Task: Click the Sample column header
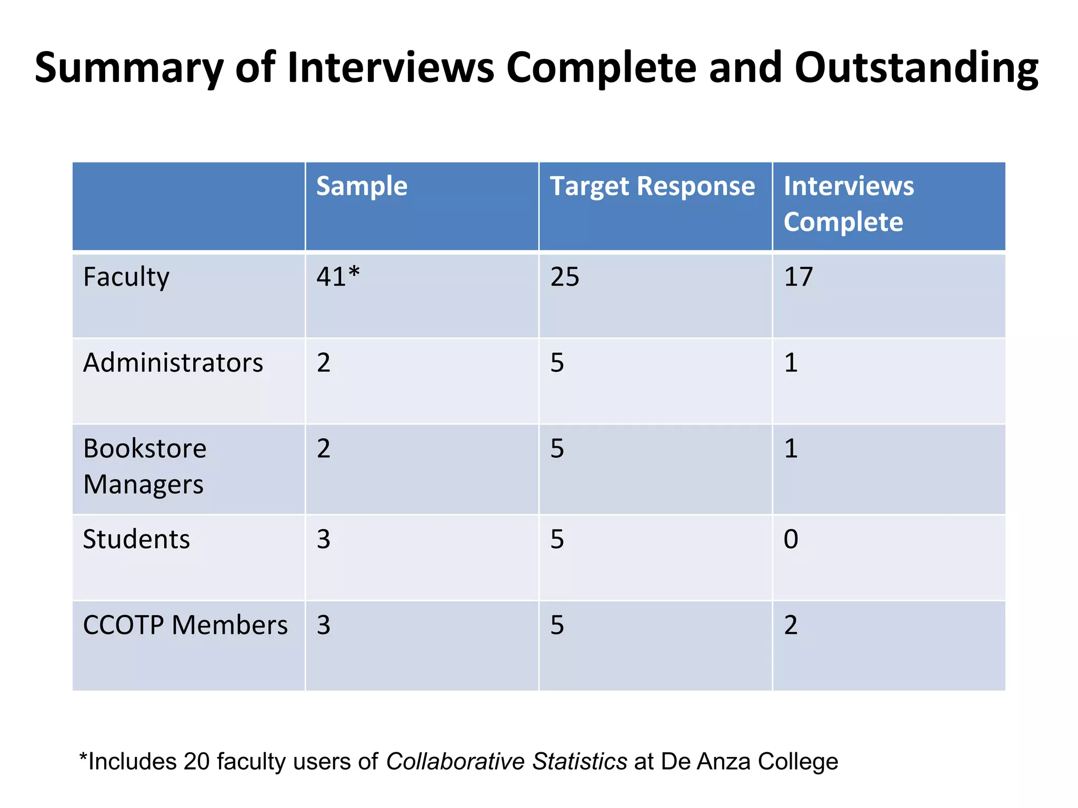[x=362, y=187]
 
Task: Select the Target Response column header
[x=652, y=187]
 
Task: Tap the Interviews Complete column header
[x=849, y=204]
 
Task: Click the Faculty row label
[x=126, y=277]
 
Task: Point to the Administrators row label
[x=173, y=363]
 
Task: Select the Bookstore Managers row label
[x=144, y=467]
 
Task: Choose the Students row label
[x=136, y=540]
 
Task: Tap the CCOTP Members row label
[x=185, y=625]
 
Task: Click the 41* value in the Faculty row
[x=337, y=277]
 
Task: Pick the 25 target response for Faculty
[x=564, y=277]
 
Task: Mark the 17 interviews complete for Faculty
[x=798, y=277]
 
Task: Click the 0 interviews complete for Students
[x=791, y=540]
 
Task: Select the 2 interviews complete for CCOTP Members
[x=791, y=625]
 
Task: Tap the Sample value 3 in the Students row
[x=323, y=540]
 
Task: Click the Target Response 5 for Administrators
[x=557, y=363]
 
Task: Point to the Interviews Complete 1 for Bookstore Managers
[x=791, y=449]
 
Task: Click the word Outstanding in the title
[x=916, y=68]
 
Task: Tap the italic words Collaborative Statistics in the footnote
[x=506, y=762]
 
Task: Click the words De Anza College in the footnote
[x=749, y=762]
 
